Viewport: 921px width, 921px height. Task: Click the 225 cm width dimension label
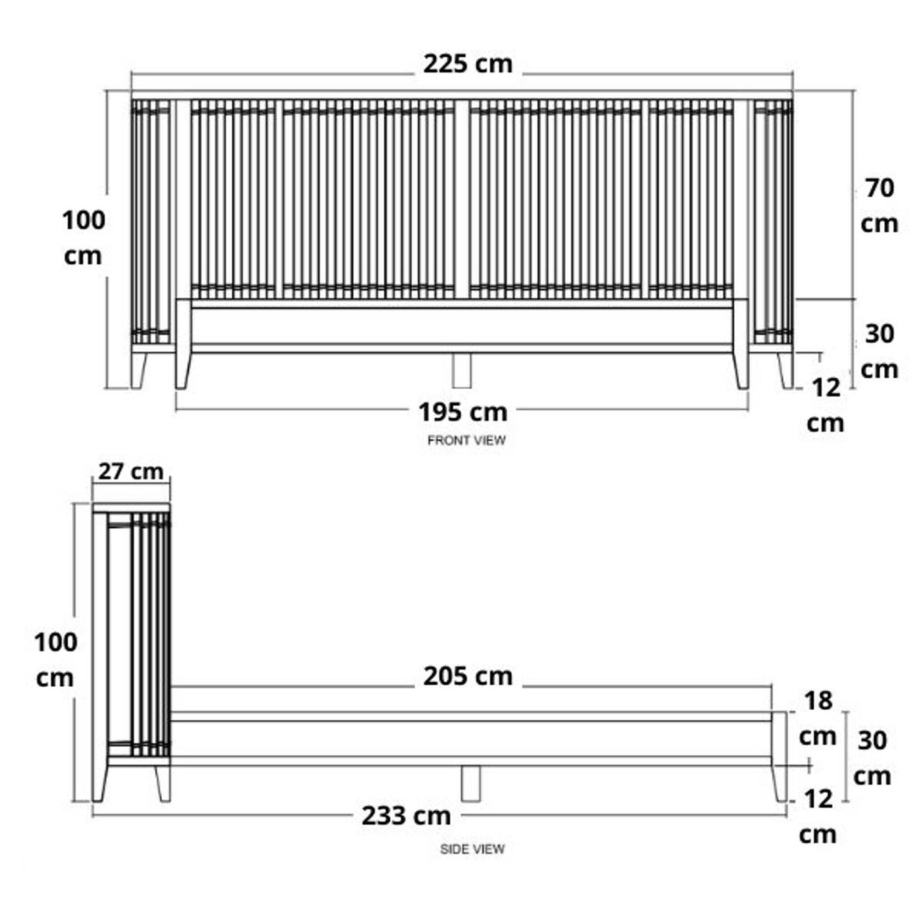[x=468, y=64]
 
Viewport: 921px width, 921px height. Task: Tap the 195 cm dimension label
[x=462, y=412]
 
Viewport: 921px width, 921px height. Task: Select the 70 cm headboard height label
[x=880, y=206]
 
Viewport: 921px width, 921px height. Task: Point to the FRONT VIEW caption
[x=466, y=440]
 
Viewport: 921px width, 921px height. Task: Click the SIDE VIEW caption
[x=472, y=849]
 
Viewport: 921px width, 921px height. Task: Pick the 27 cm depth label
[x=131, y=472]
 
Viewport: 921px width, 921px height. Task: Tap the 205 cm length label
[x=468, y=676]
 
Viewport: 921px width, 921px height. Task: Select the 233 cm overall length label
[x=407, y=816]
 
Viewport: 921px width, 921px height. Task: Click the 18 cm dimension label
[x=818, y=718]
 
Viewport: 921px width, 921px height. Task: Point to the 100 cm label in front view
[x=83, y=238]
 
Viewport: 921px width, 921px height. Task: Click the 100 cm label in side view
[x=55, y=660]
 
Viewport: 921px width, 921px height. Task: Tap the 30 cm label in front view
[x=880, y=351]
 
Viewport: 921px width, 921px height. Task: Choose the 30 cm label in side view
[x=872, y=758]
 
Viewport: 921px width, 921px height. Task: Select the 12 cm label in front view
[x=826, y=405]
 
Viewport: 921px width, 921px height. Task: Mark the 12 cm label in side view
[x=818, y=816]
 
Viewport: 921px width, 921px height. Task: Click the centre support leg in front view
[x=462, y=370]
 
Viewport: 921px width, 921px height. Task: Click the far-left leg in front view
[x=138, y=370]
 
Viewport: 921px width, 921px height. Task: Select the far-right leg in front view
[x=785, y=370]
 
